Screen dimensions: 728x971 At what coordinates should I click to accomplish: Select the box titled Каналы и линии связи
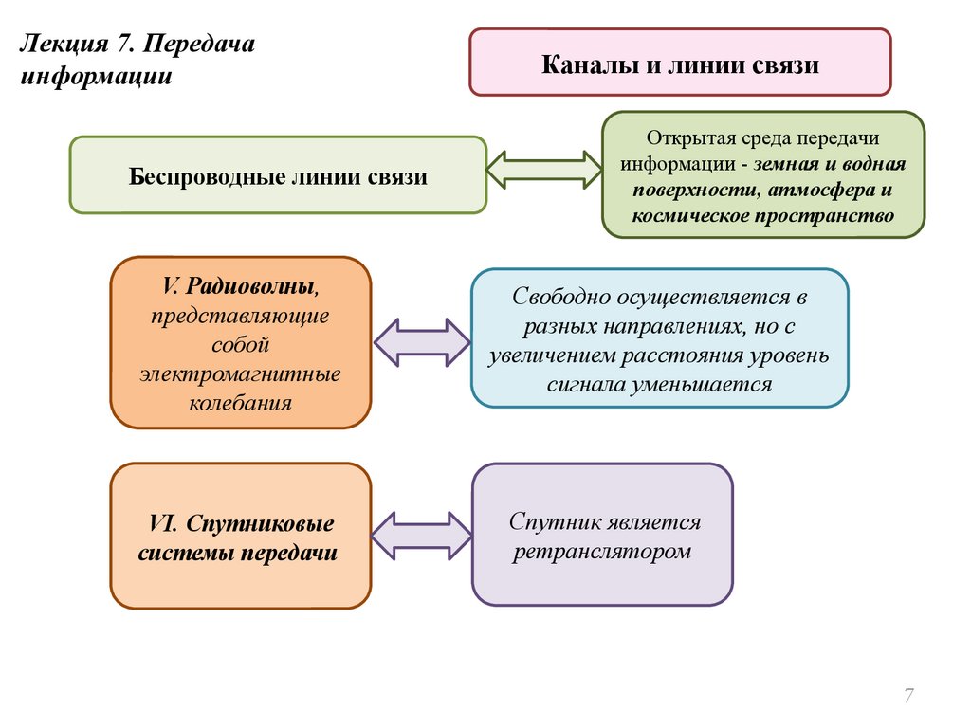pyautogui.click(x=680, y=63)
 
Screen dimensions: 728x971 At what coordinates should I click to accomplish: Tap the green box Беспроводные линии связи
pyautogui.click(x=278, y=175)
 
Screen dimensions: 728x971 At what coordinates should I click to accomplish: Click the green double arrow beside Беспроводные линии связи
pyautogui.click(x=544, y=171)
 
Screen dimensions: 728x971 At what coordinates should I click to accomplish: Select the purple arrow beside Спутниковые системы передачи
pyautogui.click(x=421, y=536)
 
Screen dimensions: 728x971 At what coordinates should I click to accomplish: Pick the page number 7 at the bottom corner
pyautogui.click(x=908, y=697)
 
